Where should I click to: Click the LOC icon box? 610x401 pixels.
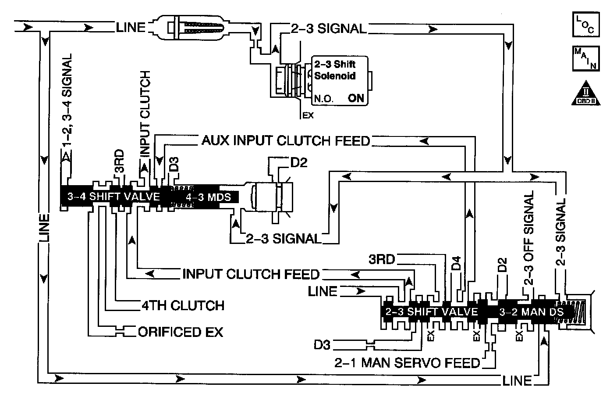point(585,24)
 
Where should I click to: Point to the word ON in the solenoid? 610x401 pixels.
point(356,98)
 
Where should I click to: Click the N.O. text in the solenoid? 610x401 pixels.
point(324,99)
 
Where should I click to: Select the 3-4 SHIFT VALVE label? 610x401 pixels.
point(113,196)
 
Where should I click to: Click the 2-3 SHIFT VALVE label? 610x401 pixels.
point(431,312)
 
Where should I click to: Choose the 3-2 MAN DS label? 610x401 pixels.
point(531,312)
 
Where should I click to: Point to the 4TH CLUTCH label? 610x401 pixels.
point(183,305)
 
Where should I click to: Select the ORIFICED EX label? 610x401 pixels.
point(180,332)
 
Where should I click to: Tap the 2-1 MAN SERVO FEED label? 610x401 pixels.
point(407,363)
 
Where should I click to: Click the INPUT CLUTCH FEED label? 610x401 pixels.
point(251,274)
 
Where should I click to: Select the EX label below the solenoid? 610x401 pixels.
point(308,116)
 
